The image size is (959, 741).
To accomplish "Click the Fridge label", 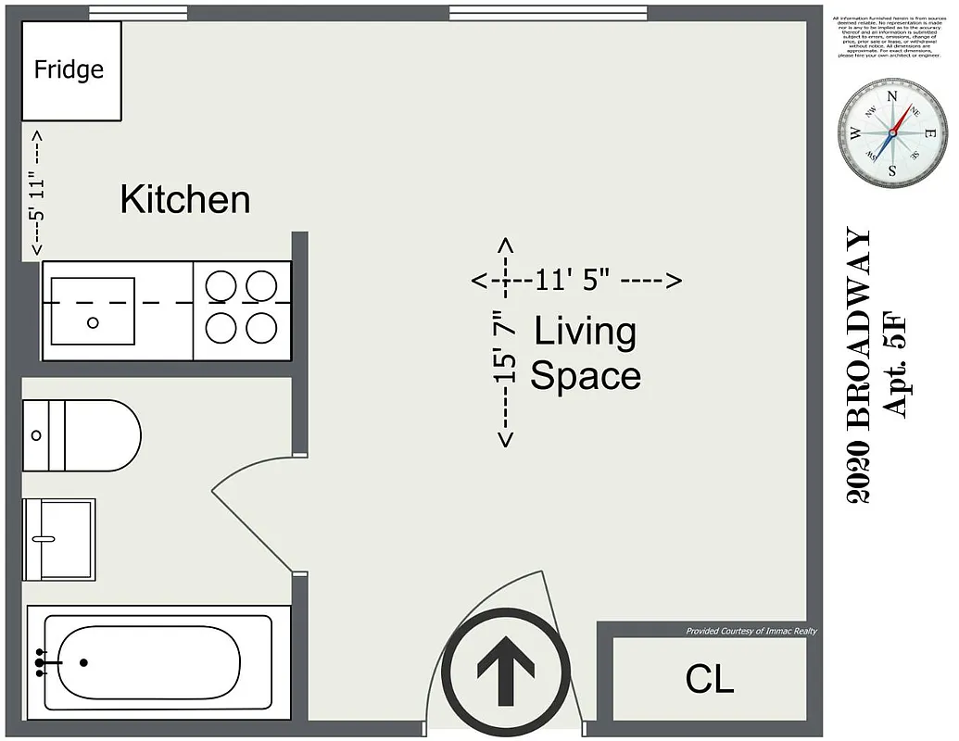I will coord(69,69).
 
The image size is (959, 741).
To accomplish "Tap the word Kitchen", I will coord(185,199).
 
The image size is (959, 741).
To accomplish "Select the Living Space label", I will coord(585,353).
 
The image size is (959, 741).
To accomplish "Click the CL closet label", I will coord(710,679).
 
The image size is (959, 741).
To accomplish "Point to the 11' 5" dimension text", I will coord(574,280).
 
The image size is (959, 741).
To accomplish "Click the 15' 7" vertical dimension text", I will coord(505,346).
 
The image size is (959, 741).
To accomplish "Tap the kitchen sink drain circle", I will coord(93,322).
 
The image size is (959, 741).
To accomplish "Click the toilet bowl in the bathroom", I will coord(102,435).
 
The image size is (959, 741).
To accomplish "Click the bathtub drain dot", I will coord(83,662).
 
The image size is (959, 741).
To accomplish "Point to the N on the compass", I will coord(892,96).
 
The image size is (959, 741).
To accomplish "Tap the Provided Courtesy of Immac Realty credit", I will coord(751,631).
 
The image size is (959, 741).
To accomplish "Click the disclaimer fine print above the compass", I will coord(888,37).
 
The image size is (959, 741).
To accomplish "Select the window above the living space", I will coord(548,13).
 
